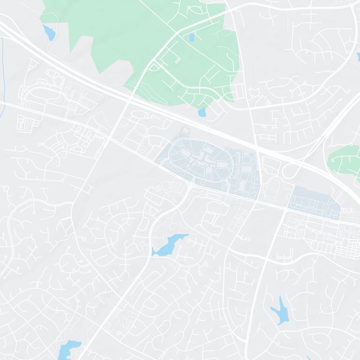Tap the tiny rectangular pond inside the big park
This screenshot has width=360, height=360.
tap(192, 37)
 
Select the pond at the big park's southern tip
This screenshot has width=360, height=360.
tap(202, 112)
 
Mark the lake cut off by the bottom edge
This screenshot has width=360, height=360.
tap(70, 349)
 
